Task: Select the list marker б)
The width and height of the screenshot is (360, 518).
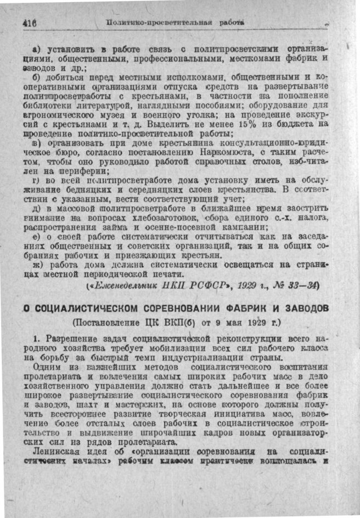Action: pyautogui.click(x=37, y=77)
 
